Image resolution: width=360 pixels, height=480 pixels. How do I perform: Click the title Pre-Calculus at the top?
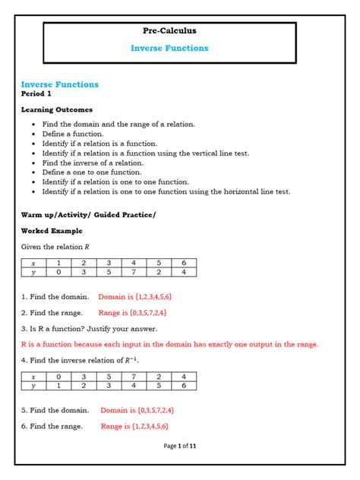(x=169, y=31)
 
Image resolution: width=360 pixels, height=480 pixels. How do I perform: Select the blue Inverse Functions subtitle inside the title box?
(x=169, y=48)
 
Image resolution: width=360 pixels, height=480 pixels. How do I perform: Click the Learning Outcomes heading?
(x=57, y=110)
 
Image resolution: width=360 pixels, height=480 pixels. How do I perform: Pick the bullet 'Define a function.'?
(x=73, y=133)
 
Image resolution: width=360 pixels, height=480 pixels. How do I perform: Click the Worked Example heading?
(x=52, y=231)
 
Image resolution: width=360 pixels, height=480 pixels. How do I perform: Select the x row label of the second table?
(x=33, y=377)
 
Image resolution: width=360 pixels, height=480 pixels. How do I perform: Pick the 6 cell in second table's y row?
(x=183, y=386)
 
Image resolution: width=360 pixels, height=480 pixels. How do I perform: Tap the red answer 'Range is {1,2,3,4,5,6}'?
(x=134, y=427)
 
